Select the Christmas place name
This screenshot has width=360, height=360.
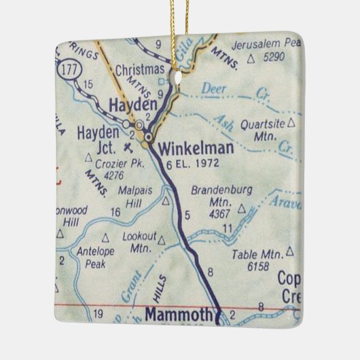pos(140,69)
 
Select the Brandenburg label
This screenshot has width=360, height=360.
pos(217,190)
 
